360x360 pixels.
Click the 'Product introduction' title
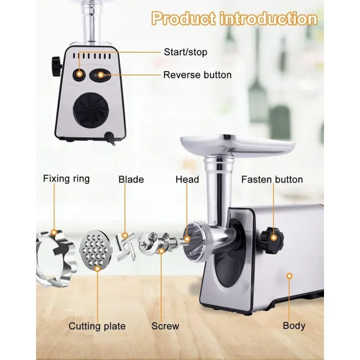(x=235, y=19)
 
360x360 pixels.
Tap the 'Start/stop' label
(x=186, y=52)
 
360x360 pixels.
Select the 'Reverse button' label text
(x=198, y=75)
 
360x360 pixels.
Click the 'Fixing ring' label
(x=66, y=179)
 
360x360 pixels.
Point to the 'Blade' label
(x=131, y=179)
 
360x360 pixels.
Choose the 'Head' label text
(x=187, y=179)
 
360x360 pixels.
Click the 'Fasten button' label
(x=272, y=179)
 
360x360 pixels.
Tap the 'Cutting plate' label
(x=97, y=326)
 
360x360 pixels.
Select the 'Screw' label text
(x=165, y=326)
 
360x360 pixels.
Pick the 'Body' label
(x=294, y=326)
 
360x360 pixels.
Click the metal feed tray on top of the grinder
(x=237, y=144)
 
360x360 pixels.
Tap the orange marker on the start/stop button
(x=79, y=74)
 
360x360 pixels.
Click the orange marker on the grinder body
(x=290, y=276)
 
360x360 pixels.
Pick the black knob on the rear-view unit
(x=56, y=66)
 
